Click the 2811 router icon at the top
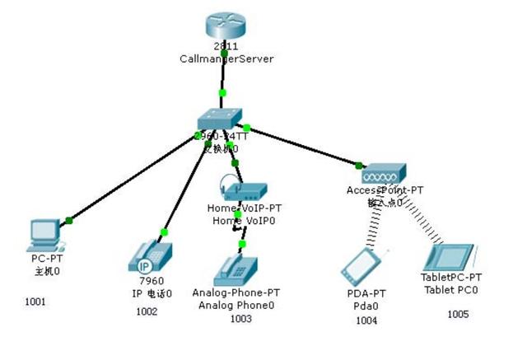coord(226,26)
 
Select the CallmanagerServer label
coord(226,58)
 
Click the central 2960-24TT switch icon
coord(222,120)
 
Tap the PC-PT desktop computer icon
coord(42,235)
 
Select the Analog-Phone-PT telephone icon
coord(236,270)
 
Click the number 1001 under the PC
coord(35,302)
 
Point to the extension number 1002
coord(147,311)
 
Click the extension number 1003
coord(240,318)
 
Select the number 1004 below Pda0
coord(366,320)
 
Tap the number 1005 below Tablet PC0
coord(458,314)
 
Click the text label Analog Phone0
coord(236,305)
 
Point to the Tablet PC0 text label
coord(451,290)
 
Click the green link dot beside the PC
coord(69,219)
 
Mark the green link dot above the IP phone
coord(164,231)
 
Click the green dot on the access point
coord(359,166)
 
